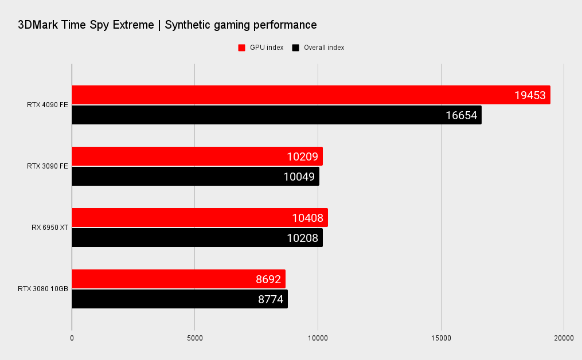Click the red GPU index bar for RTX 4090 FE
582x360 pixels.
(310, 95)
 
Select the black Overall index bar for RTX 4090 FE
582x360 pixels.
(275, 115)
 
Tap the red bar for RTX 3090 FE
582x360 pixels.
(197, 156)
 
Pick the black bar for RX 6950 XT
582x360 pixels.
(197, 238)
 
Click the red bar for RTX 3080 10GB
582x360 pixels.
(178, 279)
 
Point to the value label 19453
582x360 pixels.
(530, 96)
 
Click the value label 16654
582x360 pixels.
(461, 116)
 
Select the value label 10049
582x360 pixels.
(299, 177)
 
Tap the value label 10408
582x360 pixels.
(307, 218)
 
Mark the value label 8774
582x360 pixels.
(269, 299)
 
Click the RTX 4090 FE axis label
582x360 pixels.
(47, 105)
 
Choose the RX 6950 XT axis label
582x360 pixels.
(50, 228)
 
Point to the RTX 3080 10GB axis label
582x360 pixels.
(43, 289)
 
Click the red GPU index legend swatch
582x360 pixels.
(241, 48)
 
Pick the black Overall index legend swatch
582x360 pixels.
(296, 48)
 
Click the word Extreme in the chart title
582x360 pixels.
(133, 25)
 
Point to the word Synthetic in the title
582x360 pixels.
(186, 25)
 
